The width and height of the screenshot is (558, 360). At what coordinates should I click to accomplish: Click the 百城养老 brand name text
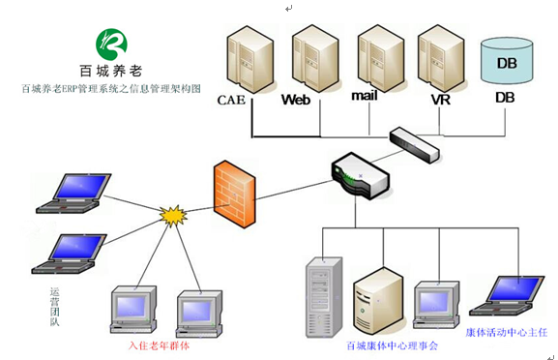tap(110, 70)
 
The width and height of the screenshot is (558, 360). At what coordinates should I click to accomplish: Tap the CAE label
tap(232, 99)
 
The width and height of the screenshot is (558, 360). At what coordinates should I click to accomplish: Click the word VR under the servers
tap(441, 98)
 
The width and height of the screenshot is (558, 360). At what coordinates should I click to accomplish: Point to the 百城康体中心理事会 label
tap(393, 345)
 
